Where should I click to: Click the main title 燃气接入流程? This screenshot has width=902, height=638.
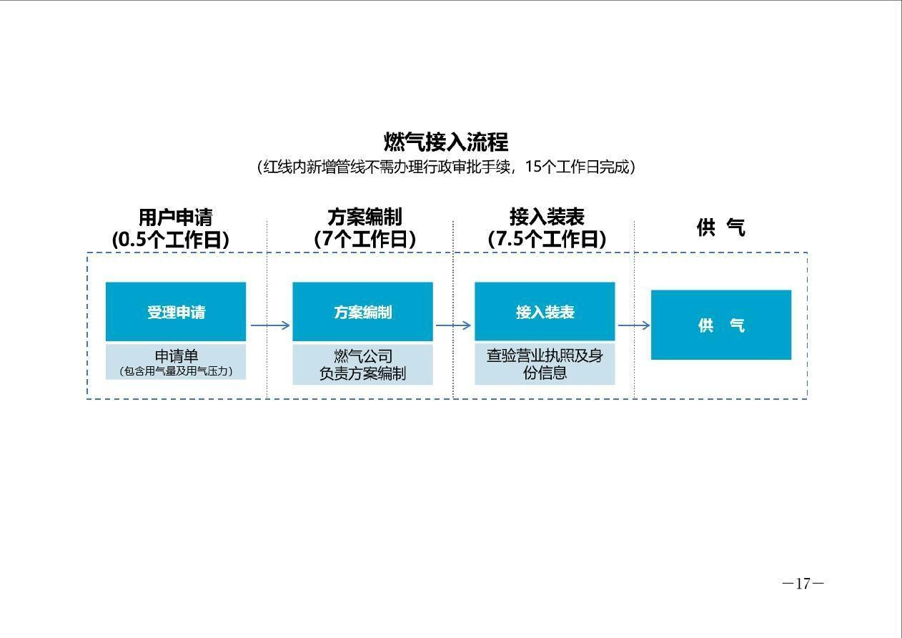coord(446,142)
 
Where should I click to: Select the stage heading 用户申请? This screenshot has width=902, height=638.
coord(176,217)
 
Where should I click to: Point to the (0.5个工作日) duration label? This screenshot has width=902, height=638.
coord(171,240)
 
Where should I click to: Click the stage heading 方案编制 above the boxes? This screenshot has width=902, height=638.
coord(365,217)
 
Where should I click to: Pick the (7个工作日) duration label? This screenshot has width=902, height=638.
coord(365,239)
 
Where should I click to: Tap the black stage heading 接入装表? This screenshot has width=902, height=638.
coord(547,217)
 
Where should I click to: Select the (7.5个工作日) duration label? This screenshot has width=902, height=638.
coord(547,239)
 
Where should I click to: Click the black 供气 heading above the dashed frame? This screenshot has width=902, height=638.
coord(720,227)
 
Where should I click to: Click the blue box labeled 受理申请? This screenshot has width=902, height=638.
coord(176,312)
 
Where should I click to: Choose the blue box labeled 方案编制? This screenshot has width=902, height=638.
coord(363,312)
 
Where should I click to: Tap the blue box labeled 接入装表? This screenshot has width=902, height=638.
coord(545,312)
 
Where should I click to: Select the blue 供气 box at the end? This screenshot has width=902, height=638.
coord(721,325)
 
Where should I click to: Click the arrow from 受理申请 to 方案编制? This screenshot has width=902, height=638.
coord(270,325)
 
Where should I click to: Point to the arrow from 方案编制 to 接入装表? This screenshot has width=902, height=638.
coord(453,325)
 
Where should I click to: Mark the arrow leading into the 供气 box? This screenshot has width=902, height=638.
coord(634,325)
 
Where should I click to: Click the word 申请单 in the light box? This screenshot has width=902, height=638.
coord(177,356)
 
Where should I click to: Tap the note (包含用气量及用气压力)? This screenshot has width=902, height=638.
coord(176,371)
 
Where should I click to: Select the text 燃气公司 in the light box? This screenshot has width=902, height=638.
coord(363,356)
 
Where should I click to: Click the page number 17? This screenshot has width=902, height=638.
coord(803,584)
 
